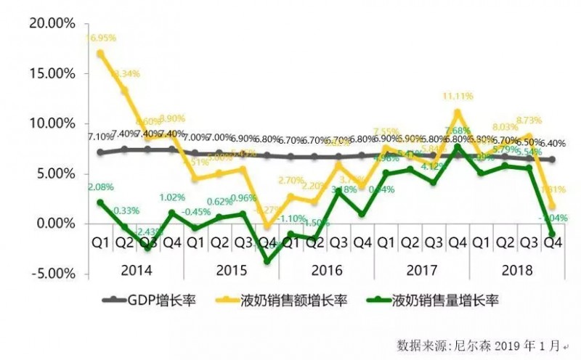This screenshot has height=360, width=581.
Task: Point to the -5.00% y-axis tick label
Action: click(x=50, y=274)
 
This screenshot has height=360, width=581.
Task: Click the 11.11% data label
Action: click(x=456, y=96)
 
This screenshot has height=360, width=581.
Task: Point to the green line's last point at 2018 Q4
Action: click(x=553, y=234)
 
